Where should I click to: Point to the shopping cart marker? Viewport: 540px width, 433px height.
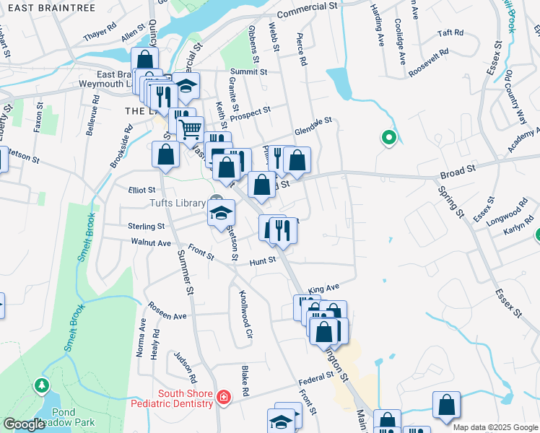click(190, 130)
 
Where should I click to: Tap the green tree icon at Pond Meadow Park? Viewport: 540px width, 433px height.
click(42, 386)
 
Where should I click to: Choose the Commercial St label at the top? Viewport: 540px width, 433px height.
click(307, 9)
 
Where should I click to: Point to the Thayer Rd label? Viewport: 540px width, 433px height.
click(100, 35)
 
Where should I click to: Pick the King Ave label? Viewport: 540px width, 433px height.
click(323, 289)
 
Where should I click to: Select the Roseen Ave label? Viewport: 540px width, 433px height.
click(167, 312)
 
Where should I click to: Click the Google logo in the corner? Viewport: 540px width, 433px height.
click(23, 424)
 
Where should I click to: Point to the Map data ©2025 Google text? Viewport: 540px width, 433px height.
click(495, 427)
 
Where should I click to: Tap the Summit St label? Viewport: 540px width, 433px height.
click(248, 72)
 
